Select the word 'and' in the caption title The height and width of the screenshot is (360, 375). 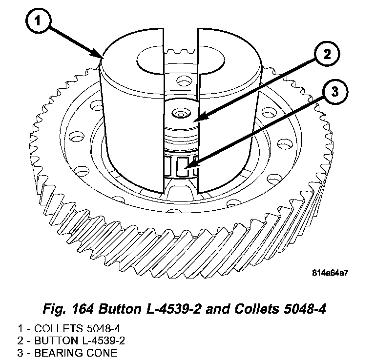coord(215,309)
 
